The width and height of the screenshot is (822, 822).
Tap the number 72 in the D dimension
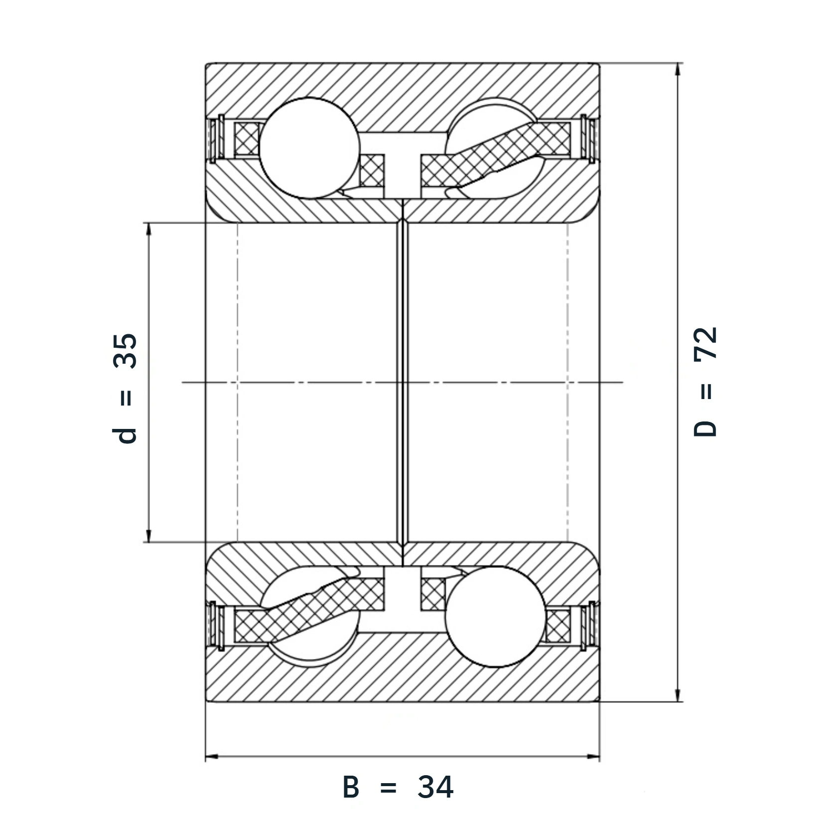pyautogui.click(x=705, y=343)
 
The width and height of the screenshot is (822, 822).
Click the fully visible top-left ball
pyautogui.click(x=309, y=148)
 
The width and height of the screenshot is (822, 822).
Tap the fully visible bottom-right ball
pyautogui.click(x=496, y=617)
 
